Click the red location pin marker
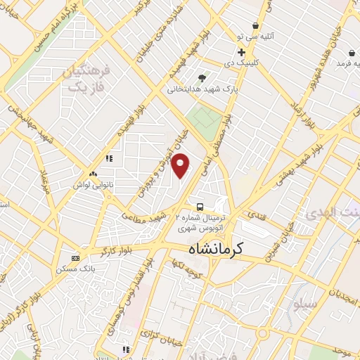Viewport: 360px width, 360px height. [x=181, y=166]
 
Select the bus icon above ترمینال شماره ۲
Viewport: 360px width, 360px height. [x=200, y=207]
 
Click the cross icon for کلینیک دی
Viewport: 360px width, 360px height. [x=241, y=52]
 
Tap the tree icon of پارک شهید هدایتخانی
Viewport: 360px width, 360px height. [x=202, y=78]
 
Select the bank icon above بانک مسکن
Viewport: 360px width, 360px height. [x=76, y=258]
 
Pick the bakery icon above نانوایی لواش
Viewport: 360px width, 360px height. [x=94, y=173]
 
